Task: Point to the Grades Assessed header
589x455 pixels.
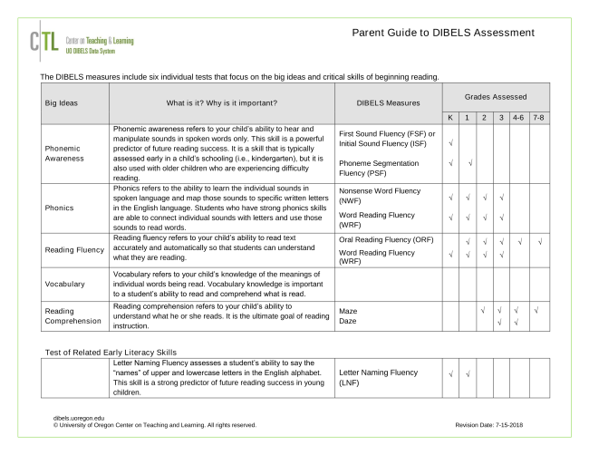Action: (497, 95)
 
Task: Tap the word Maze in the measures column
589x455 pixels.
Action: (348, 311)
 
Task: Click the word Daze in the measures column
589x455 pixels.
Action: (348, 322)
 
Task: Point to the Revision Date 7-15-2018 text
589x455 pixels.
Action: (497, 424)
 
